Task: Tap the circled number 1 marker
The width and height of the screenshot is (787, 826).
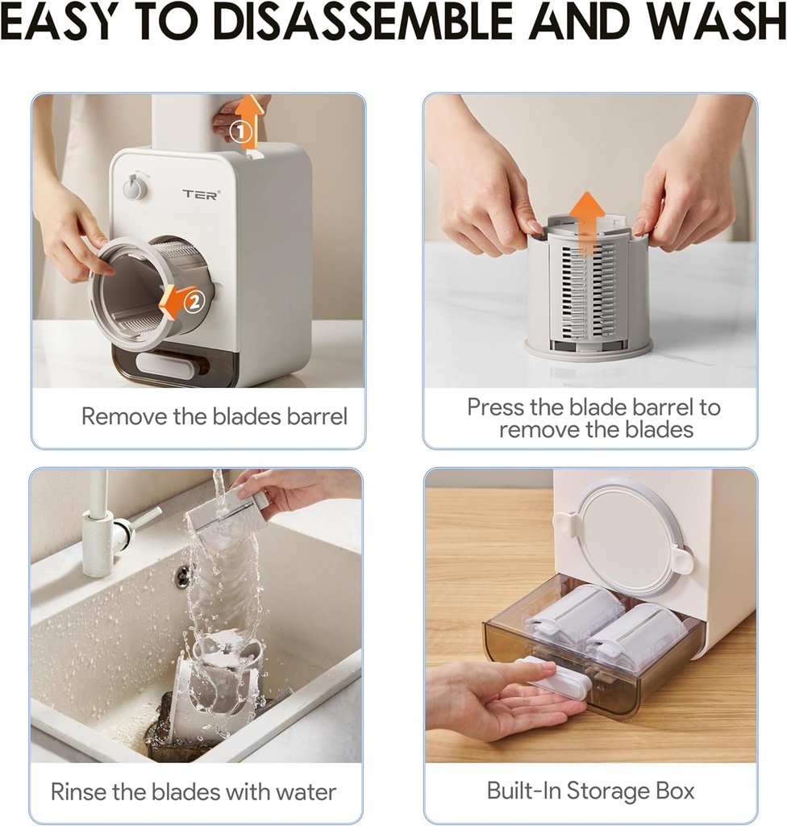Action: click(240, 132)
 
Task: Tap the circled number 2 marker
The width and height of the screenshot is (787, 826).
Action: click(194, 302)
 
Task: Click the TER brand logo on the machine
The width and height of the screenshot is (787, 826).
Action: click(200, 194)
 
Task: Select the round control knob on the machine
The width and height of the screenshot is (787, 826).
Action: click(135, 187)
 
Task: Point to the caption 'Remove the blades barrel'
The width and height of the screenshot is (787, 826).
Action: click(214, 417)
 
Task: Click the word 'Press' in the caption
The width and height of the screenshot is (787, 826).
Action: click(495, 407)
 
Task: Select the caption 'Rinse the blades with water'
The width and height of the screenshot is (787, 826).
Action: click(194, 791)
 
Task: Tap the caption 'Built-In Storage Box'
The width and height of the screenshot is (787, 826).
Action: click(590, 791)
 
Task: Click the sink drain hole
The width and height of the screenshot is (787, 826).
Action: click(183, 575)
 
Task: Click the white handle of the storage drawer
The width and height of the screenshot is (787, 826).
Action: click(556, 677)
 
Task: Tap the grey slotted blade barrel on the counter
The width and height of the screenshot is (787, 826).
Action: click(588, 290)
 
